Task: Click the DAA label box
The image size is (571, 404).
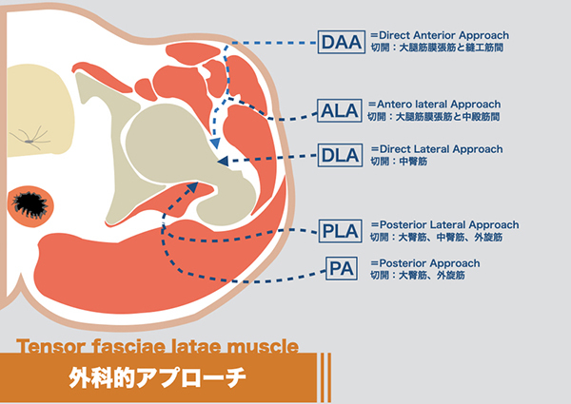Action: coord(342,42)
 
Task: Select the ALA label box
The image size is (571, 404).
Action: coord(341,111)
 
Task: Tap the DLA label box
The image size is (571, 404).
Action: coord(341,154)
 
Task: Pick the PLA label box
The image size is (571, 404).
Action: coord(341,230)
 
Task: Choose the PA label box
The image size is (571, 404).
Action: coord(341,269)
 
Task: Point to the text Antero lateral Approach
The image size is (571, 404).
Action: coord(439,104)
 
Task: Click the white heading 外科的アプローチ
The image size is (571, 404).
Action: coord(157,376)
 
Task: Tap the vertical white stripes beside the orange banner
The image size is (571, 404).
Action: coord(325,373)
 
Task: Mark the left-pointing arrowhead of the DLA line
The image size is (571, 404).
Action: coord(223,163)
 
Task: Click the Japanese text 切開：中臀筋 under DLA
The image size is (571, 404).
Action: coord(397,163)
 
